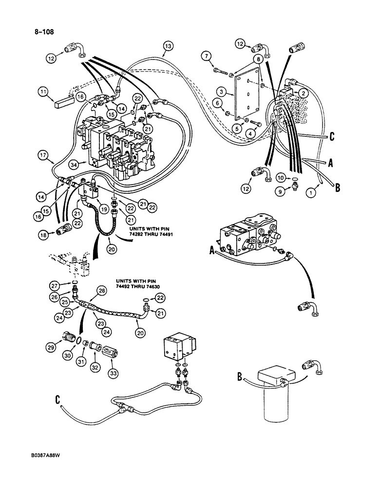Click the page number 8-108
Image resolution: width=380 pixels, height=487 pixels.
pos(42,33)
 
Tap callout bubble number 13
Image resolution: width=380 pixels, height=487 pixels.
pos(167,46)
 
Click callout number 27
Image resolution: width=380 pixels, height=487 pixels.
pos(68,286)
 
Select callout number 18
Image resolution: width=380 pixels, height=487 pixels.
pos(46,234)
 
